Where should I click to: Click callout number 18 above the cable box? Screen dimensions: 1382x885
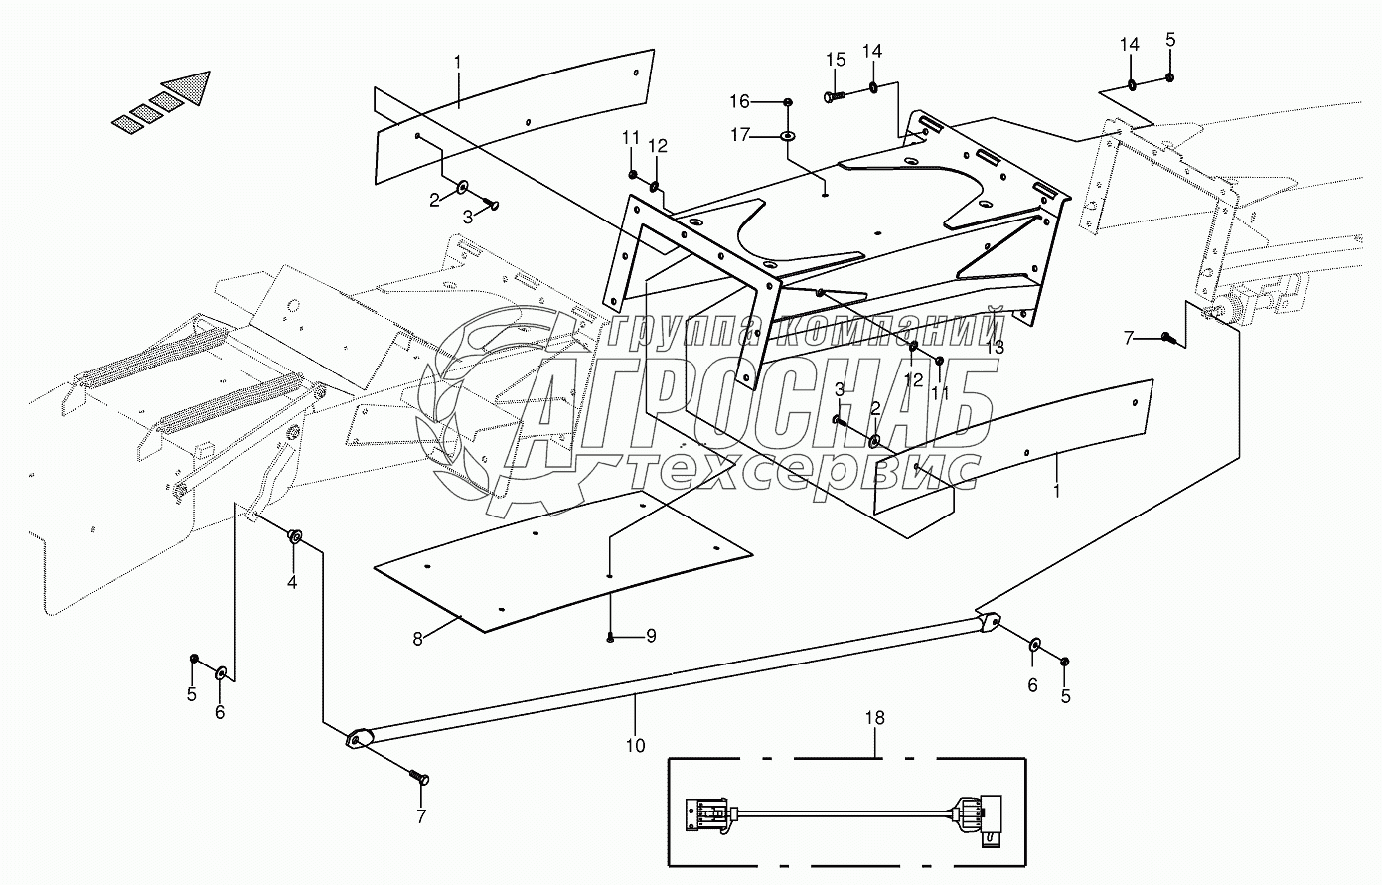tap(874, 717)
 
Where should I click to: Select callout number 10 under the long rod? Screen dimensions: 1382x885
tap(636, 744)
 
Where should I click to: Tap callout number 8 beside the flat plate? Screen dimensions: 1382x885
tap(418, 639)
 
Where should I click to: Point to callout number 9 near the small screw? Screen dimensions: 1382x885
tap(651, 636)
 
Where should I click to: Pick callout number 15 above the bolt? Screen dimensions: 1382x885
tap(834, 60)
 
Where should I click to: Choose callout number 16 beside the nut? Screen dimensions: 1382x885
tap(741, 101)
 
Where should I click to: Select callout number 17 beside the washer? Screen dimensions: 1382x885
tap(741, 135)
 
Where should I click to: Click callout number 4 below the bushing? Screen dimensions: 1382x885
tap(292, 582)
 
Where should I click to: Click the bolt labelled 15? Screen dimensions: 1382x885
tap(833, 96)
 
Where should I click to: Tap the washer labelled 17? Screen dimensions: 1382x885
tap(788, 136)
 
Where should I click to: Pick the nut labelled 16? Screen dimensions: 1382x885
tap(788, 101)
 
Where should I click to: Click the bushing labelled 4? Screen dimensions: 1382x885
tap(295, 537)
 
